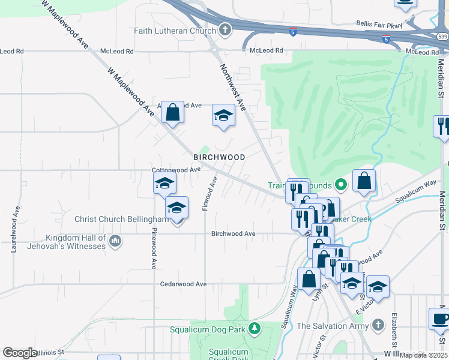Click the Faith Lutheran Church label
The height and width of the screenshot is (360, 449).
[x=174, y=30]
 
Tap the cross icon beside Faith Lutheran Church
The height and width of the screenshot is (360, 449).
[x=224, y=29]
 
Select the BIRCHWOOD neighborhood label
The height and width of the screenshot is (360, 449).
[x=219, y=157]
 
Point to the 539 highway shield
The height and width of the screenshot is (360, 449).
[x=442, y=38]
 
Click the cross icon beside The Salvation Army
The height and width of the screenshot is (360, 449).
[x=377, y=325]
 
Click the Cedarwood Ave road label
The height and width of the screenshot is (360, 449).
[x=183, y=284]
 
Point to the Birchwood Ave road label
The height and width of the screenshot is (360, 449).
[x=234, y=234]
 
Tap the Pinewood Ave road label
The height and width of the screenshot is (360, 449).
[x=154, y=248]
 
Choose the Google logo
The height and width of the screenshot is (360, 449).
[x=19, y=353]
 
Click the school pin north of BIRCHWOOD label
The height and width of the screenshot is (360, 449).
[x=223, y=115]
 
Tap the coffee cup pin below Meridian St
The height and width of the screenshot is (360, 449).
[x=439, y=319]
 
